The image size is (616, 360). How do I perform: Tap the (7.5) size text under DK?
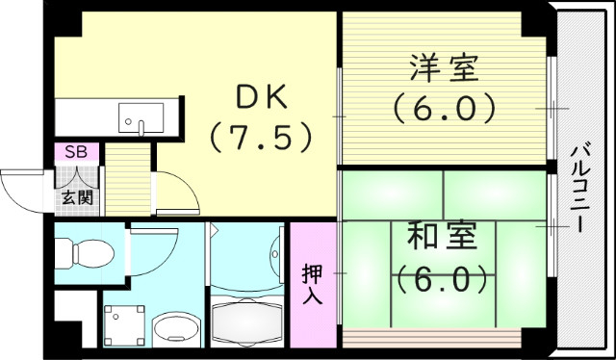(x=261, y=137)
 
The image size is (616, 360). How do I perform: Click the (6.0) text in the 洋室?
(x=444, y=107)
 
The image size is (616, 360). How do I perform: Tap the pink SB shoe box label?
(x=75, y=152)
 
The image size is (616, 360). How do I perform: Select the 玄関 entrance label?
(x=76, y=198)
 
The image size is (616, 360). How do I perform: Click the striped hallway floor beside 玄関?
(x=122, y=182)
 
